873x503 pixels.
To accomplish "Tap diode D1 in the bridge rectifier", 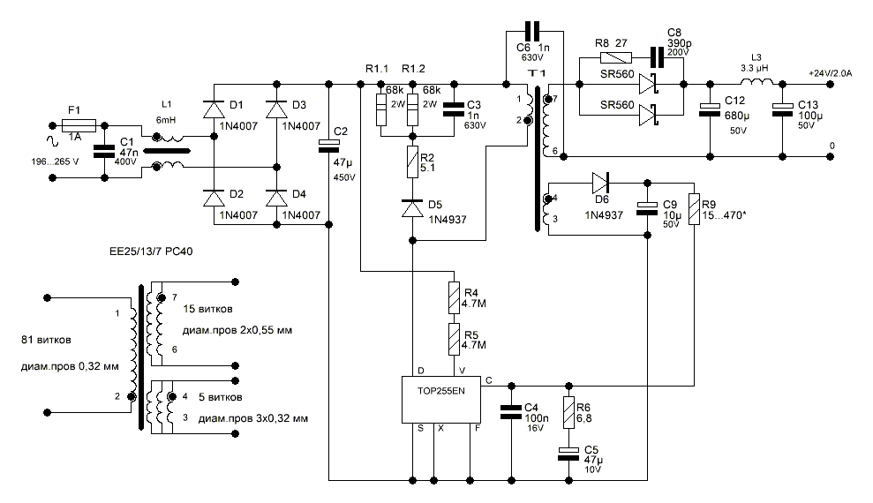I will tap(214, 109).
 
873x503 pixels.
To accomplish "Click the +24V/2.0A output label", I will tap(831, 74).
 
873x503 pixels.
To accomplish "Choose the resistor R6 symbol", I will tap(568, 414).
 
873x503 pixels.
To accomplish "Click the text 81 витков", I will tap(46, 340).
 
